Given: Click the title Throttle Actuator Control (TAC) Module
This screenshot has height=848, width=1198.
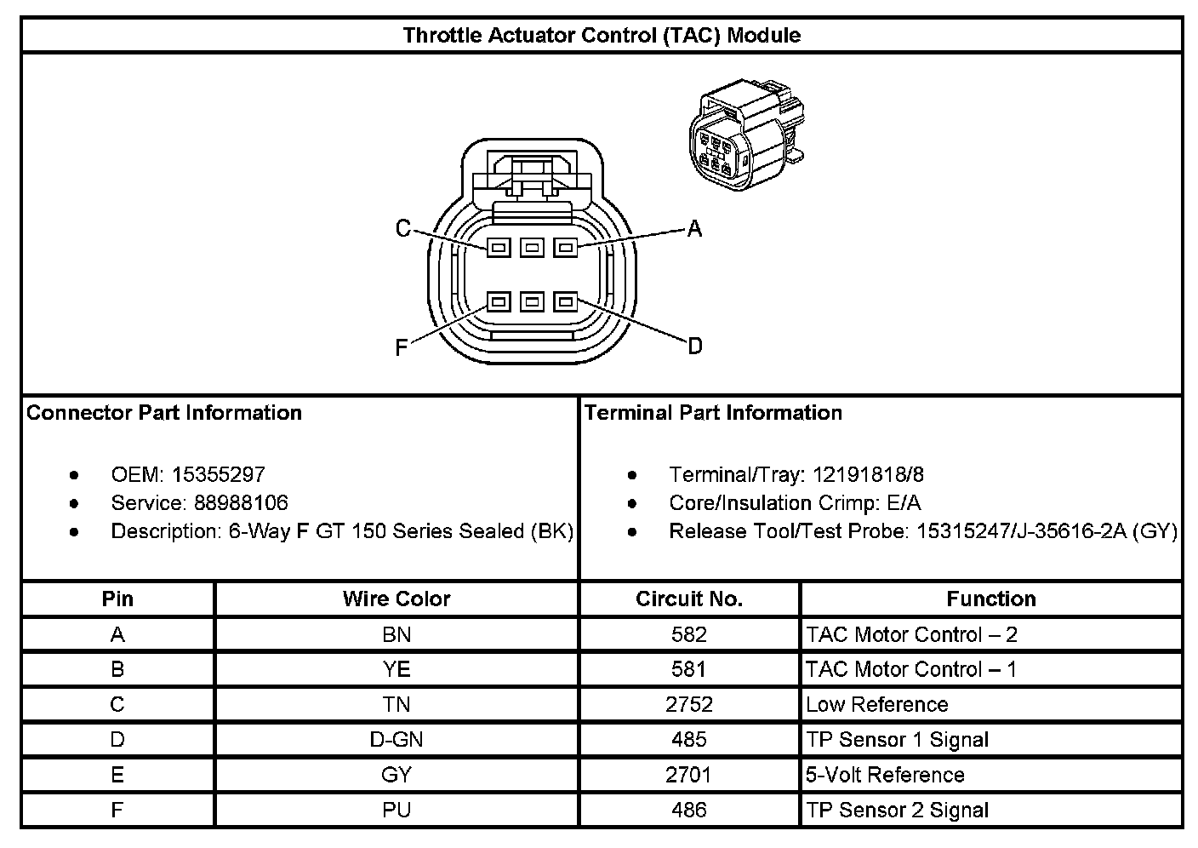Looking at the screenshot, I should coord(601,36).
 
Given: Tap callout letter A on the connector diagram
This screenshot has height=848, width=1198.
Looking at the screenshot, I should coord(694,229).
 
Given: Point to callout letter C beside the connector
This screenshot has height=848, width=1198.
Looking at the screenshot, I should coord(403,229).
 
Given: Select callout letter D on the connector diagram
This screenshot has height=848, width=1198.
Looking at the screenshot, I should coord(694,346).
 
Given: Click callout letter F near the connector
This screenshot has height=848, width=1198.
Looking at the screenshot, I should coord(402,347).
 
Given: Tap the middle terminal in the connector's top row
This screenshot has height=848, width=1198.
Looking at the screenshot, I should coord(532,248).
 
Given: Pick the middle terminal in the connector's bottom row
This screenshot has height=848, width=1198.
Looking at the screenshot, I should coord(532,301).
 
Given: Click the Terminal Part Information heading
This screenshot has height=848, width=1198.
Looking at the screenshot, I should coord(713,413).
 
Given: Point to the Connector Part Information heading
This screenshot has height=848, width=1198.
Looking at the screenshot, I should coord(164,413).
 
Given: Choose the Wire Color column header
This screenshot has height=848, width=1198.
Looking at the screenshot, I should coord(396,599).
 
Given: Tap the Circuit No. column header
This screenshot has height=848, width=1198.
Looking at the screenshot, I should coord(689,599).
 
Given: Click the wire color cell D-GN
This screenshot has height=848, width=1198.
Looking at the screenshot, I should coord(396,740).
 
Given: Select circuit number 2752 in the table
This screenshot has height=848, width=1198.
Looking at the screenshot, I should coord(689,705).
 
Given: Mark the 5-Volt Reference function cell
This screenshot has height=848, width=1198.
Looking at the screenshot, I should coord(885,775).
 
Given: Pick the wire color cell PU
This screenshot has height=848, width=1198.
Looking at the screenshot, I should coord(396,810).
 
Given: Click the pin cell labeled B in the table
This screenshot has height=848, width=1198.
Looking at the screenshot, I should coord(117,670).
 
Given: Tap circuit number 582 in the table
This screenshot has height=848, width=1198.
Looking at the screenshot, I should coord(689,635).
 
